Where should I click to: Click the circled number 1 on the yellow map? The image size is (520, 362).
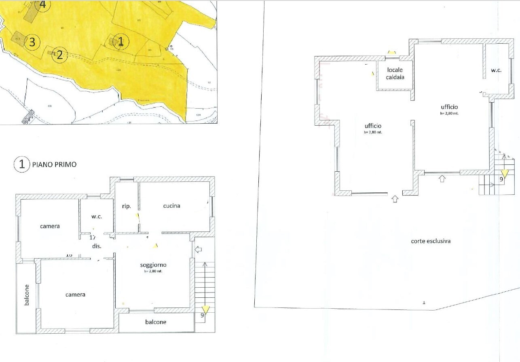(120, 41)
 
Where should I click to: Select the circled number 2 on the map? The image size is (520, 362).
(59, 54)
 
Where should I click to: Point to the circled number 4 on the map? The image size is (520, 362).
(42, 5)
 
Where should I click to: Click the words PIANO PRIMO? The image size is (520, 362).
(54, 165)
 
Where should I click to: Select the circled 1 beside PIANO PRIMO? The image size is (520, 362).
(22, 165)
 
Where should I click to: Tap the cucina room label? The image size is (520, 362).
(171, 206)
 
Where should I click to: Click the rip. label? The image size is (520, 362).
(126, 206)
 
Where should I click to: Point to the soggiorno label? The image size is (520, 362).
(153, 265)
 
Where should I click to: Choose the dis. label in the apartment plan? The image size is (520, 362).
(97, 246)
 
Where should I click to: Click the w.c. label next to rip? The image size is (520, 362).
(97, 217)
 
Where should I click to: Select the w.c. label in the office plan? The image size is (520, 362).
(496, 70)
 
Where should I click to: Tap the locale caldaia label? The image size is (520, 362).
(395, 74)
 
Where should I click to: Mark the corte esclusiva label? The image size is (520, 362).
(431, 241)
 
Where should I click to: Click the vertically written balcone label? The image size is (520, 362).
(27, 295)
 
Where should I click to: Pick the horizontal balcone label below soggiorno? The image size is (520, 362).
(156, 322)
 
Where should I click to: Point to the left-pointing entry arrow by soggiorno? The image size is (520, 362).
(198, 250)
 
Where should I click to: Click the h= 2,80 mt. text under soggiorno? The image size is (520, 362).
(153, 271)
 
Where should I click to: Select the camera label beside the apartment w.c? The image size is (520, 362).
(50, 226)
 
